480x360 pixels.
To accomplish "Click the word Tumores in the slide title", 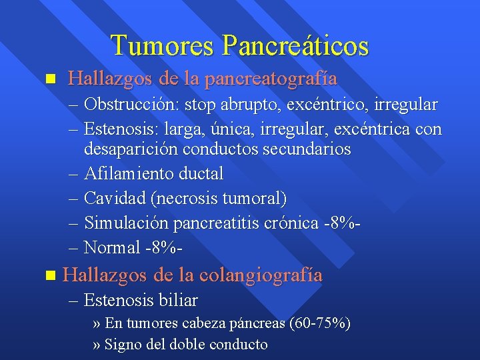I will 163,45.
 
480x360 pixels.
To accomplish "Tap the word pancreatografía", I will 271,79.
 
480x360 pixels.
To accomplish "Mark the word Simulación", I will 129,223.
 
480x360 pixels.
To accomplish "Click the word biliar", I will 179,301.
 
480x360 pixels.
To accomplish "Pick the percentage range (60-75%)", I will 320,324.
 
